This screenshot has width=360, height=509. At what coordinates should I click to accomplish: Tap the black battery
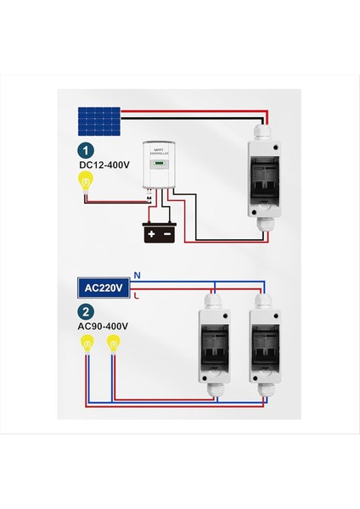tap(159, 232)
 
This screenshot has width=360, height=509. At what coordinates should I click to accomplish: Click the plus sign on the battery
tap(152, 232)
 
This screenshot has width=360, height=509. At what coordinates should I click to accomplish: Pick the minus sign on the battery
tap(167, 232)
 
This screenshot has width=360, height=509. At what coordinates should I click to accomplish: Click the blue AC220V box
tap(100, 288)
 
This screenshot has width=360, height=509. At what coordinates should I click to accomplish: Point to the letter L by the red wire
tap(136, 297)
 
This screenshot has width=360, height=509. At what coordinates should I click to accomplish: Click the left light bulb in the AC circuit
tap(86, 344)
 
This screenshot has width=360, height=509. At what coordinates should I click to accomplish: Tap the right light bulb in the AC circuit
tap(112, 344)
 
